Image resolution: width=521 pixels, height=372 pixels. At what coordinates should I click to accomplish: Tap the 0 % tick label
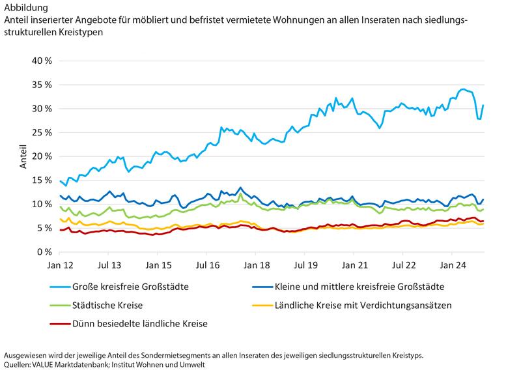tap(44, 252)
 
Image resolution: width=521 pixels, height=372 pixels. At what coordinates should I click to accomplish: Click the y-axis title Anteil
tap(23, 157)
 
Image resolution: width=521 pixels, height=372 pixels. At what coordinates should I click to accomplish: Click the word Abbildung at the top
tap(25, 8)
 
